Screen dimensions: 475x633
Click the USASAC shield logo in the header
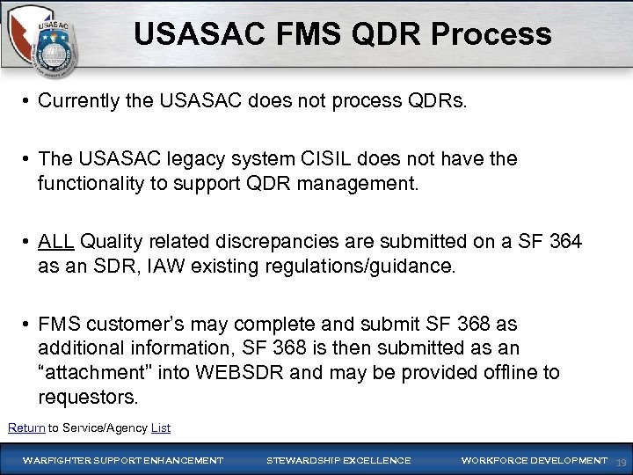coord(45,45)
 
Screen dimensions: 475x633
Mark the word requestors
coord(88,397)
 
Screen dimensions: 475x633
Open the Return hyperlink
coord(26,428)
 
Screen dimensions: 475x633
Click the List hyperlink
coord(161,428)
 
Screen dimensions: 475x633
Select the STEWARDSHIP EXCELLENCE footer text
coord(338,460)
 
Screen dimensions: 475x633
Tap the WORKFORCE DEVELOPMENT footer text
coord(533,460)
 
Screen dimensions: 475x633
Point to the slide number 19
coord(621,462)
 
